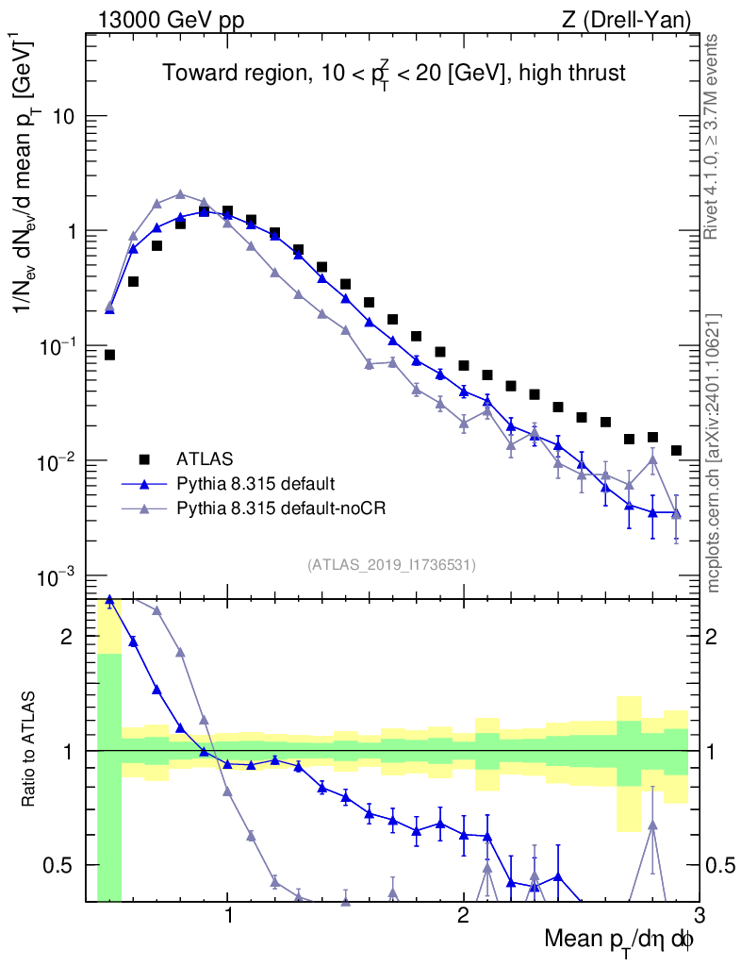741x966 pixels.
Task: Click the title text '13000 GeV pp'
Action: click(x=170, y=19)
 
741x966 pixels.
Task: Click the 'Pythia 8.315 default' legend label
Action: click(x=255, y=484)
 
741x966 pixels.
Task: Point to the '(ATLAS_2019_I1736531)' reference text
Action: click(x=391, y=565)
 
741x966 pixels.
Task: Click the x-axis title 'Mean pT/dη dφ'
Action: click(x=619, y=940)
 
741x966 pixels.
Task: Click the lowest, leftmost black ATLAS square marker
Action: click(x=109, y=355)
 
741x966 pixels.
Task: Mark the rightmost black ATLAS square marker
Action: click(x=676, y=450)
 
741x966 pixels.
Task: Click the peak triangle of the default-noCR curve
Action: click(x=180, y=194)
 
